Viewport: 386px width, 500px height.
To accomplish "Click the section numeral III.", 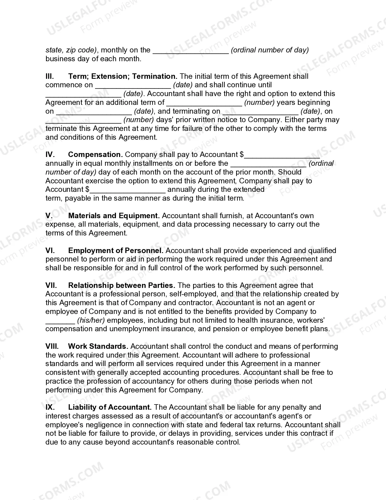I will coord(50,76).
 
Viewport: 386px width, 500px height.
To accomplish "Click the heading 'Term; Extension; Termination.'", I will coord(123,76).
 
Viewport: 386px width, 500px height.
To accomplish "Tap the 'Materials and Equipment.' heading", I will coord(114,216).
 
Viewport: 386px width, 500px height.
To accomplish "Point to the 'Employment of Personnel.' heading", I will coord(116,251).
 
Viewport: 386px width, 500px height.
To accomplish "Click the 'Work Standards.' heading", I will coord(98,346).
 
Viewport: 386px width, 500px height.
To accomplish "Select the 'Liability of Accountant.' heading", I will coord(110,407).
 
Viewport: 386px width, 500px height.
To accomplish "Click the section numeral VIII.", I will coord(52,346).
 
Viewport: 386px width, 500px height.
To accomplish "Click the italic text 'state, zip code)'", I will coord(71,50).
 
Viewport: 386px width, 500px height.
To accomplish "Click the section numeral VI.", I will coord(50,251).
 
